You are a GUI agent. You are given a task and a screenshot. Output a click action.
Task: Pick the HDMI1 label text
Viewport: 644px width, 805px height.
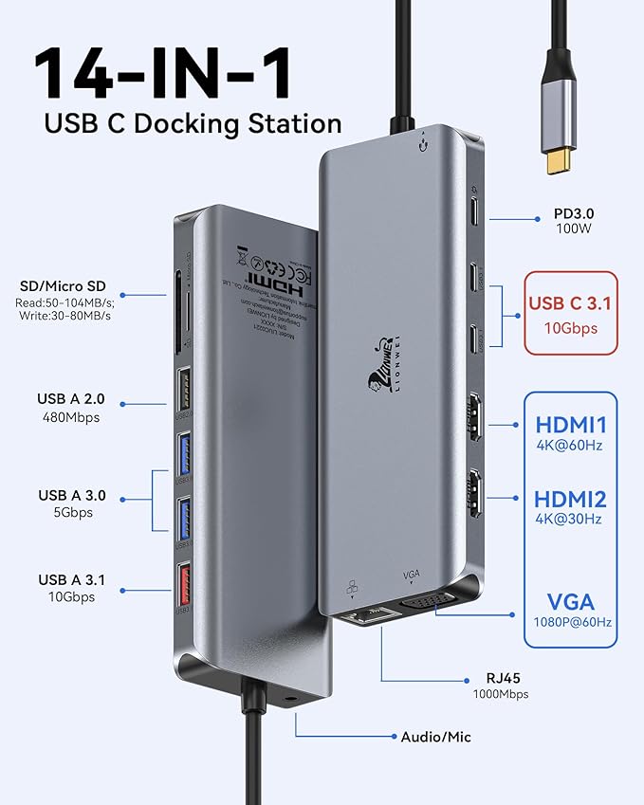point(570,425)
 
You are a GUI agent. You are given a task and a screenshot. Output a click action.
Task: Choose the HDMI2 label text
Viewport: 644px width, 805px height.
point(570,499)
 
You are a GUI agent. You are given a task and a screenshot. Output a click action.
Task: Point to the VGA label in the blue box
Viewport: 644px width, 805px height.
point(570,601)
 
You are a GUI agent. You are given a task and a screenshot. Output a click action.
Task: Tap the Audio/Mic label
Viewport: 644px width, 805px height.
point(435,737)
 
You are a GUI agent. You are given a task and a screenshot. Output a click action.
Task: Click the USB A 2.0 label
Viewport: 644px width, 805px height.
point(70,399)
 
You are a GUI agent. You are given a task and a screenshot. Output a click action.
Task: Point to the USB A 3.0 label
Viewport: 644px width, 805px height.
point(70,495)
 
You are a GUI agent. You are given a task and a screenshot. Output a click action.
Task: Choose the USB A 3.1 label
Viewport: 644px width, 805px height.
point(70,579)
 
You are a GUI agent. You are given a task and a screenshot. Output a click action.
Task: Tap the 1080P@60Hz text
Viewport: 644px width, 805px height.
point(570,623)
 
